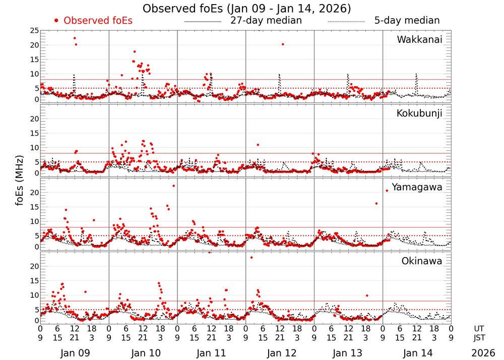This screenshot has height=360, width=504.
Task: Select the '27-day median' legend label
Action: point(266,21)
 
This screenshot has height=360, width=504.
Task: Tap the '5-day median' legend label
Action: point(407,21)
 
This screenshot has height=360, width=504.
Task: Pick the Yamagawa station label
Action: point(417,187)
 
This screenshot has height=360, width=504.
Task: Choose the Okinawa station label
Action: point(422,261)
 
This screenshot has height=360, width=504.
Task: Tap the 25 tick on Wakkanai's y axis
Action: point(34,31)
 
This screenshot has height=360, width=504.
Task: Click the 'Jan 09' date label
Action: point(74,353)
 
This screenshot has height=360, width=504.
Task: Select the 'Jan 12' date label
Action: point(280,353)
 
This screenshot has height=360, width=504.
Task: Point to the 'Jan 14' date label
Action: point(417,353)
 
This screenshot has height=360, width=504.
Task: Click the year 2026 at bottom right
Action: point(483,353)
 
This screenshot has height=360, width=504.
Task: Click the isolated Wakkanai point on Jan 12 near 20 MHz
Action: point(283,44)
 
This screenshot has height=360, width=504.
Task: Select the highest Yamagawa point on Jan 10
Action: point(174,186)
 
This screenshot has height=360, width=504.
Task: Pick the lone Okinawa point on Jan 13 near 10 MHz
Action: point(367,295)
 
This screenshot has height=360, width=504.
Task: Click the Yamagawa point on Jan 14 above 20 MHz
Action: point(387,191)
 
